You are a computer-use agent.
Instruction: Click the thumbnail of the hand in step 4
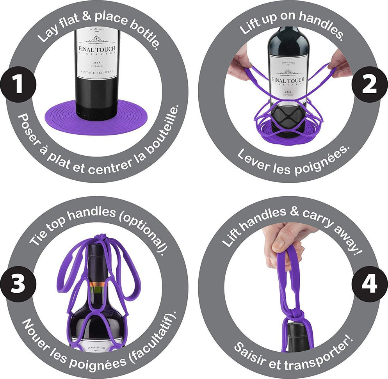278,244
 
